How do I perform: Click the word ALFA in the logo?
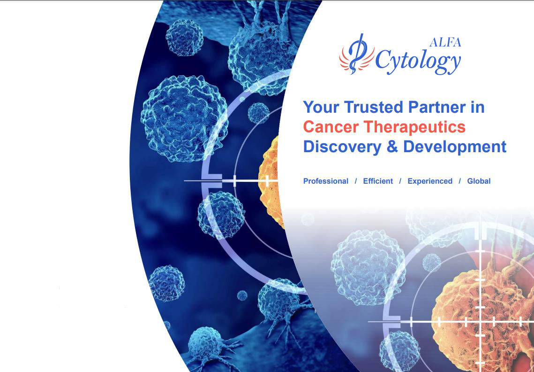pos(445,42)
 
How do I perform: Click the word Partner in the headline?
pos(437,107)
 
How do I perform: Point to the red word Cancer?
pos(331,127)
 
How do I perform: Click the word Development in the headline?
pos(455,147)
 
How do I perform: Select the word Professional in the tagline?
pos(326,181)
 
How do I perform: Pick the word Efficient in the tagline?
pos(378,181)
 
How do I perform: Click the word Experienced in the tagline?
pos(430,181)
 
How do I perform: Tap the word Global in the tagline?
pos(479,181)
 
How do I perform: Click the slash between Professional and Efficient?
pos(356,181)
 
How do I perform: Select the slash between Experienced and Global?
pos(460,181)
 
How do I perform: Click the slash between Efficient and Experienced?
pos(400,181)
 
